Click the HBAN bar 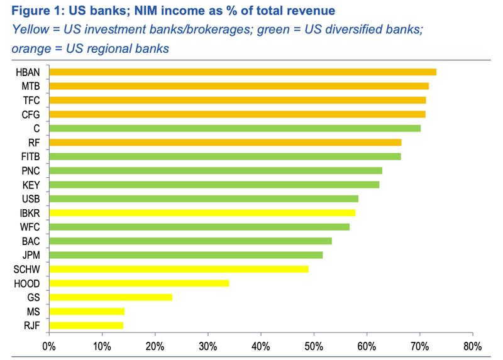point(242,72)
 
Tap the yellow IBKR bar point(202,213)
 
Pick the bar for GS point(110,297)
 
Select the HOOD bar point(139,283)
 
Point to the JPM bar point(185,255)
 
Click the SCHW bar point(179,269)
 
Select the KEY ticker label point(32,185)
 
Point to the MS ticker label point(35,312)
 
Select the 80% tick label point(472,346)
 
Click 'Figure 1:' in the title point(32,11)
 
